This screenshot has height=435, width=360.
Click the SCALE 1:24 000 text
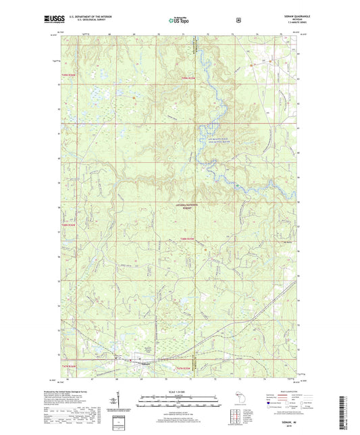[179, 392]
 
